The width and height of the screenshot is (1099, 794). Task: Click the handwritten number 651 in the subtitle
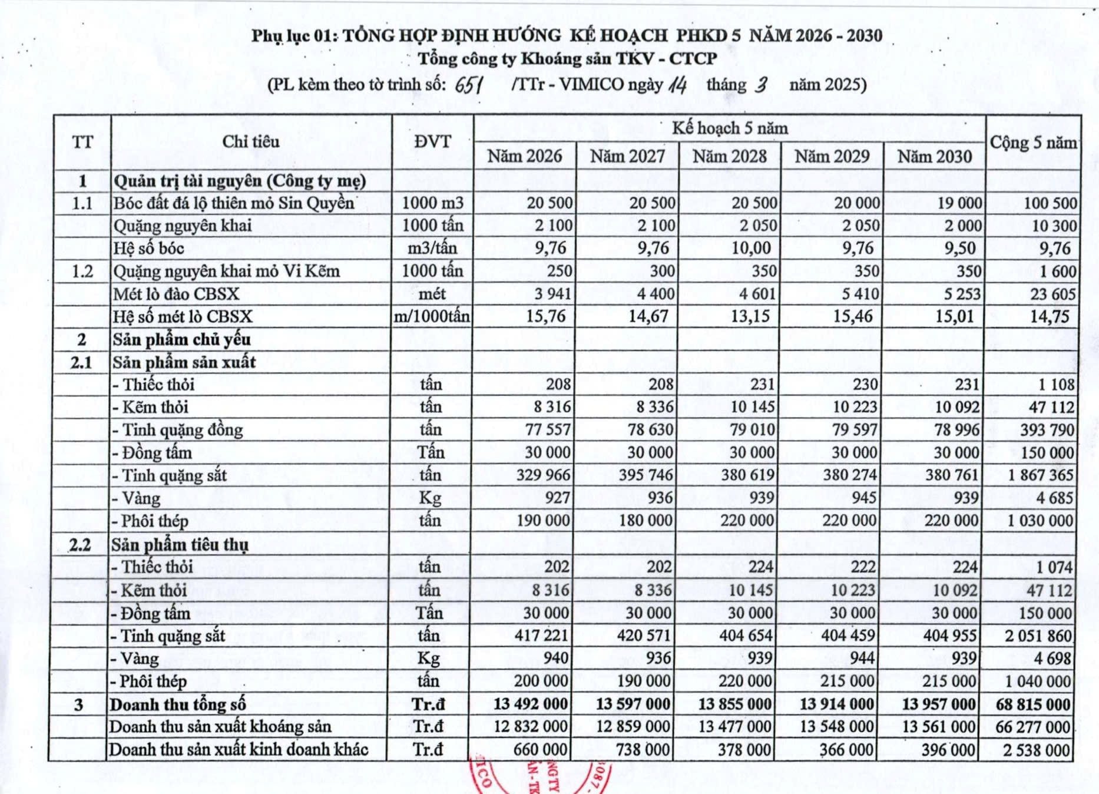coord(469,85)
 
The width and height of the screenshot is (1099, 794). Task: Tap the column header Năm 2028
coord(730,157)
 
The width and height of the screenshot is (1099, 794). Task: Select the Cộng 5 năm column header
coord(1033,143)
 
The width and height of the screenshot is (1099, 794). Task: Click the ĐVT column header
coord(432,142)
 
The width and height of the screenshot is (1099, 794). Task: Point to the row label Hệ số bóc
coord(149,249)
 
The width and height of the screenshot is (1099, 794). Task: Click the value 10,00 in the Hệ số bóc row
coord(751,248)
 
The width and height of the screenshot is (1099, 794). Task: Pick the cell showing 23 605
coord(1052,294)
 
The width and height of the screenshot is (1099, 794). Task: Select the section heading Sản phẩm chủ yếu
coord(182,340)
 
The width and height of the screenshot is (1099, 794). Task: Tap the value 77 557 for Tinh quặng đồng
coord(548,429)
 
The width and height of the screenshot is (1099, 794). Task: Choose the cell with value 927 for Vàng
coord(558,498)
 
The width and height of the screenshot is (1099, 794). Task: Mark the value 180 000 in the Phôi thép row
coord(646,521)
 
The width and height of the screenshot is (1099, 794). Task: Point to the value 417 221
coord(541,636)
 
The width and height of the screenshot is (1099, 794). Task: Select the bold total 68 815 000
coord(1033,704)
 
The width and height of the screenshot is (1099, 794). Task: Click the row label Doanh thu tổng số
coord(177,704)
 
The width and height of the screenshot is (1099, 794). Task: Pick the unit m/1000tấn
coord(432,317)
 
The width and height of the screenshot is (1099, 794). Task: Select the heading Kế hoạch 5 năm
coord(730,128)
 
